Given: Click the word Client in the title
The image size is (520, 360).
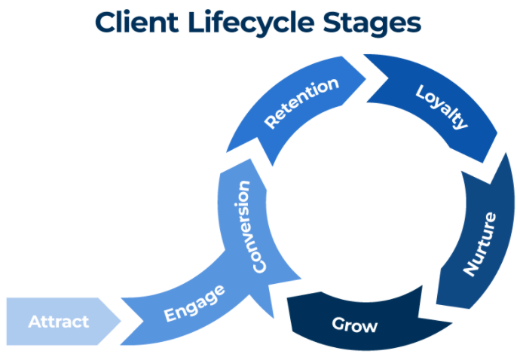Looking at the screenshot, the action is [136, 22].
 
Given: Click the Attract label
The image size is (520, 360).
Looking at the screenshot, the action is [59, 322].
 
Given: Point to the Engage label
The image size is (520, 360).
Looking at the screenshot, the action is [194, 304].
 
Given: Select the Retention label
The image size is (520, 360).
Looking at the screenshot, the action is [301, 102].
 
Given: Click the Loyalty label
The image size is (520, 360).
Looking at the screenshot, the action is [442, 106].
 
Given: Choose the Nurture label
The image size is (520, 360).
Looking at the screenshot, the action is [480, 244].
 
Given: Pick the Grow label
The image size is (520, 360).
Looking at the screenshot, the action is [354, 325].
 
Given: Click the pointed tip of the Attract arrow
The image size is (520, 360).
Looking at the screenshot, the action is [121, 321].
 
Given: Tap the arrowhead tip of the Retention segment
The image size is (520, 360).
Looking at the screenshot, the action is [366, 79].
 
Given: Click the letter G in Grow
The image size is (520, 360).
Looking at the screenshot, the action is [338, 324].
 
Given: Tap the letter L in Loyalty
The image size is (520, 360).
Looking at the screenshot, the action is [421, 91].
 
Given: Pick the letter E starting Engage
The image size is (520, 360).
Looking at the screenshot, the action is [170, 314].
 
